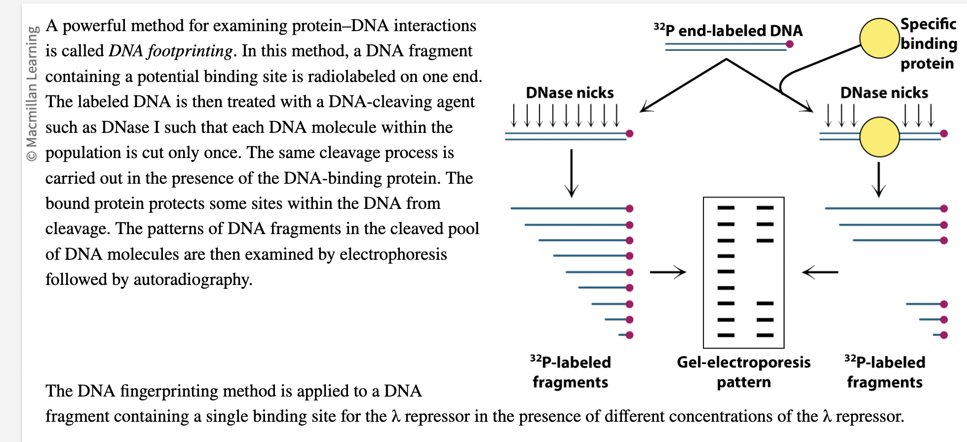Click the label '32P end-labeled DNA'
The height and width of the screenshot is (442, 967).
[x=728, y=31]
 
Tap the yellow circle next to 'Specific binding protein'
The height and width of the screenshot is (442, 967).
[x=879, y=39]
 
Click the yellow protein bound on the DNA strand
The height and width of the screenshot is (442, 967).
[x=879, y=137]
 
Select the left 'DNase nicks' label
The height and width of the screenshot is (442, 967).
[x=570, y=93]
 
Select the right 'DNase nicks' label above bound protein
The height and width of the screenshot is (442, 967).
[x=884, y=93]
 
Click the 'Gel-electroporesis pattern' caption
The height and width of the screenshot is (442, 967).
[x=743, y=372]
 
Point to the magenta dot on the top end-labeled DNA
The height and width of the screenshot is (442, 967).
[x=789, y=44]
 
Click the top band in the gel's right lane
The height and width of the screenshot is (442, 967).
[x=765, y=208]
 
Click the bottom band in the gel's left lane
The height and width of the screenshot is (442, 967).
[x=726, y=335]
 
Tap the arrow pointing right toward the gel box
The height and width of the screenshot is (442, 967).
[x=668, y=272]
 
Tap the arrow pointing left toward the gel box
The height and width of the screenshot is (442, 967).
[x=820, y=272]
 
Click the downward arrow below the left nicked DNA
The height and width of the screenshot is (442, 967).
[x=571, y=173]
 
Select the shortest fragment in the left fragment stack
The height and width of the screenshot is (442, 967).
[x=626, y=335]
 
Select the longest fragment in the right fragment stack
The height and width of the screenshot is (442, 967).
[x=884, y=208]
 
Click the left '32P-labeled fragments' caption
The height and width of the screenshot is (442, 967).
[x=570, y=372]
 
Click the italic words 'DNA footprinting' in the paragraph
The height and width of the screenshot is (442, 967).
[x=170, y=51]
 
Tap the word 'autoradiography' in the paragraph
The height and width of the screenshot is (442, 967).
[x=192, y=280]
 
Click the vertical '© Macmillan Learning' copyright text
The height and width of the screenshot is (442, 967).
[x=32, y=94]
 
